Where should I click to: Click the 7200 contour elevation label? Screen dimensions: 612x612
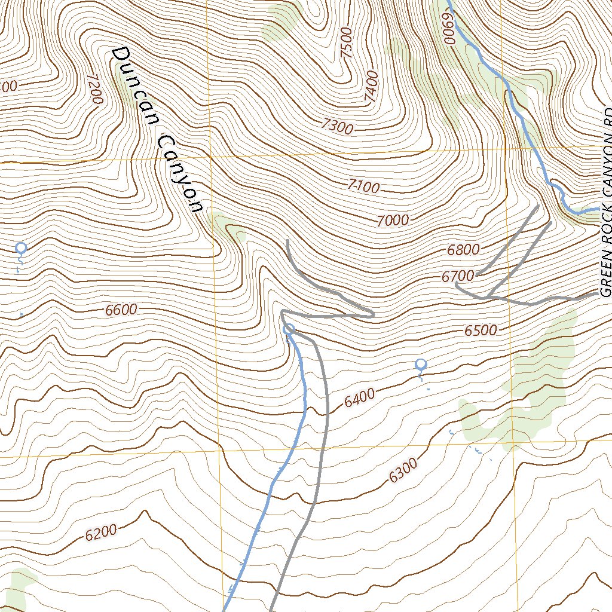tap(95, 89)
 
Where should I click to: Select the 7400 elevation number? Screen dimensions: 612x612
tap(371, 86)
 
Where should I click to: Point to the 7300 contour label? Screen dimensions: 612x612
tap(336, 126)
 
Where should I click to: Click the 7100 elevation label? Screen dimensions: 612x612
tap(362, 187)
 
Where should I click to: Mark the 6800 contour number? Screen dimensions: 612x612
tap(463, 250)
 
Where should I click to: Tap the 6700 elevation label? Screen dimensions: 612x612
tap(458, 276)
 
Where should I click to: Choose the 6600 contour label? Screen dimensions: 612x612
tap(121, 310)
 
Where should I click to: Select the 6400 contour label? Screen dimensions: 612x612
tap(359, 397)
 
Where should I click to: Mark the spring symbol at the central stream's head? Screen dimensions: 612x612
tap(289, 328)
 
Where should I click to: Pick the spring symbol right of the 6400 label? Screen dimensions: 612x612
tap(421, 364)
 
